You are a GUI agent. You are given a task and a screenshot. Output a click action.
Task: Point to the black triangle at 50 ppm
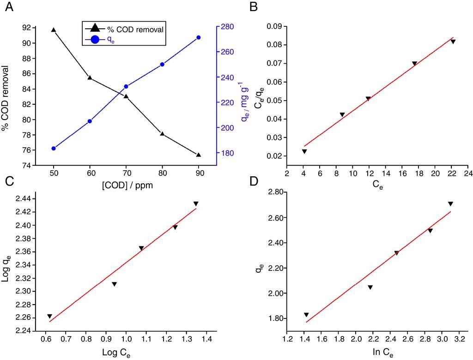click(x=54, y=30)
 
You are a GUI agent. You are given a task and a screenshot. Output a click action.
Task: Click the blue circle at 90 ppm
click(x=199, y=37)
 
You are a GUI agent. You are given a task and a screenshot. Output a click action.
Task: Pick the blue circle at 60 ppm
click(x=90, y=121)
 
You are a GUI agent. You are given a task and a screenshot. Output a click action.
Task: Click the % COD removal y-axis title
click(x=6, y=96)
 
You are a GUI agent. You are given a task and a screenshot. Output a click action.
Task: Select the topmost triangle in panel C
click(x=196, y=204)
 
